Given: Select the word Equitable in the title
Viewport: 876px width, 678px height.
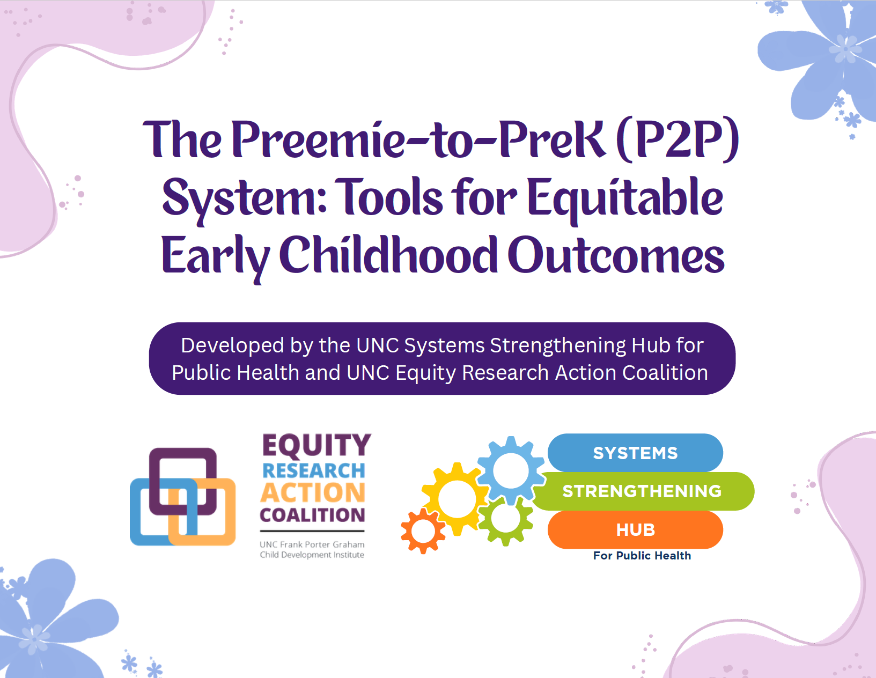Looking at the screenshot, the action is coord(625,198).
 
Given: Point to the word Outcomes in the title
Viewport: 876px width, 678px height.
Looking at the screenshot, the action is coord(616,255).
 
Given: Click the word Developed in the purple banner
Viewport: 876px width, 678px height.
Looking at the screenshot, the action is coord(233,345).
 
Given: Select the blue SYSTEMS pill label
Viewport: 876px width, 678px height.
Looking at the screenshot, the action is coord(635,453).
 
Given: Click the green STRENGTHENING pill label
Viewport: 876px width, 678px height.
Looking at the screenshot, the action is coord(643,491).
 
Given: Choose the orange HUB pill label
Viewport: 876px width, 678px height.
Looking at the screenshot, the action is coord(635,529).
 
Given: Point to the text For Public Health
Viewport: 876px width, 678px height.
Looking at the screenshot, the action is coord(642,556).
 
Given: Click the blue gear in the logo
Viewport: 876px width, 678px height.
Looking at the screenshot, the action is coord(511,453).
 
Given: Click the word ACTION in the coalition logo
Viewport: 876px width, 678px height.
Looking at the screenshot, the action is coord(313,492).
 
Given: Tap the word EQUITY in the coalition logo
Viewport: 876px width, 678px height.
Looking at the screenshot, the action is coord(317,445).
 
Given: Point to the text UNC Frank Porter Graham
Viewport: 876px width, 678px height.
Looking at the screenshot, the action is coord(312,544).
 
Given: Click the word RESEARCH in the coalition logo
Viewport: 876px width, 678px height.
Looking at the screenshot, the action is coord(314,470).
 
